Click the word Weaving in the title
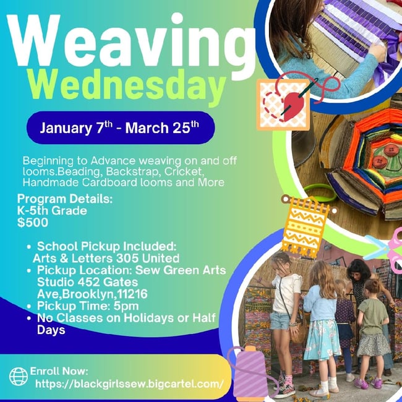point(130,45)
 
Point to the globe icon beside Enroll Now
point(18,377)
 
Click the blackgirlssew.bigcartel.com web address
point(129,384)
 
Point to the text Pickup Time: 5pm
point(88,306)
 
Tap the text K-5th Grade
point(52,210)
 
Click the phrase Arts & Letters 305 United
point(106,258)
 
